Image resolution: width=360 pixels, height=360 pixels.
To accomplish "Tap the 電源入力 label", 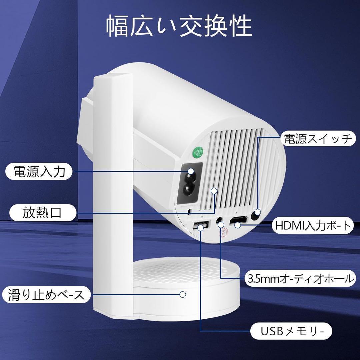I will point(39,172).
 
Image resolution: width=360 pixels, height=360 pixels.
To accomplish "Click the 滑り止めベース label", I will point(47,295).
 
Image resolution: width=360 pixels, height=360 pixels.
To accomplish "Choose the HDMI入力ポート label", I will point(313,226).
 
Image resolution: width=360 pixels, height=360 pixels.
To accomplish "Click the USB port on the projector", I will point(200,226).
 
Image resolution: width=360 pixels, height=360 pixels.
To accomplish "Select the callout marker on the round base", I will point(182,294).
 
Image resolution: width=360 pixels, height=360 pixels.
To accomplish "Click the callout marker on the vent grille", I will point(214,191).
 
